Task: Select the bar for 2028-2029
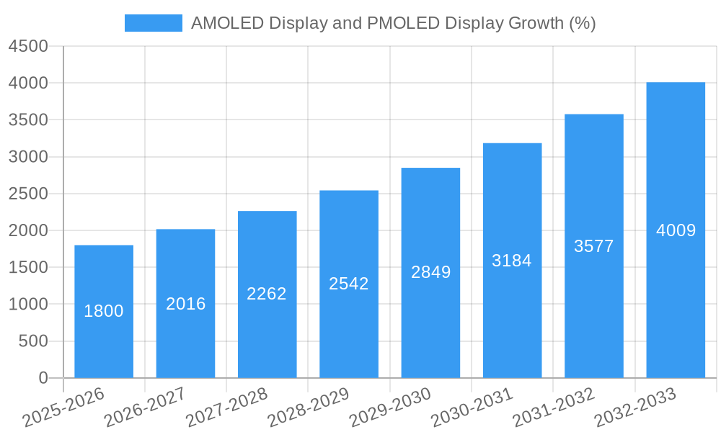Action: click(x=349, y=324)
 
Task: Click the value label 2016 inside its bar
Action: click(x=185, y=304)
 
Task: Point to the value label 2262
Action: click(x=267, y=294)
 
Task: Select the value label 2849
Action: click(x=430, y=272)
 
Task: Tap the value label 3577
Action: click(x=593, y=246)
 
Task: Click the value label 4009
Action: click(x=676, y=230)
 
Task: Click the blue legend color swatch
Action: click(x=153, y=23)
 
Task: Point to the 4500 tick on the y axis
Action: click(x=28, y=47)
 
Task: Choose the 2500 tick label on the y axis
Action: click(x=28, y=194)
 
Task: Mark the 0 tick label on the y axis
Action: click(x=43, y=378)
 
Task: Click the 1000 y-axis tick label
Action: click(x=28, y=305)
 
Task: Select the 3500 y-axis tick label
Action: click(x=28, y=120)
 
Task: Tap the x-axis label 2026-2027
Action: click(x=144, y=408)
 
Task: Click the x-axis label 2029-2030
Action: click(x=389, y=408)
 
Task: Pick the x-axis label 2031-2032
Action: click(x=553, y=408)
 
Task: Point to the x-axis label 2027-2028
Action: click(x=226, y=408)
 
